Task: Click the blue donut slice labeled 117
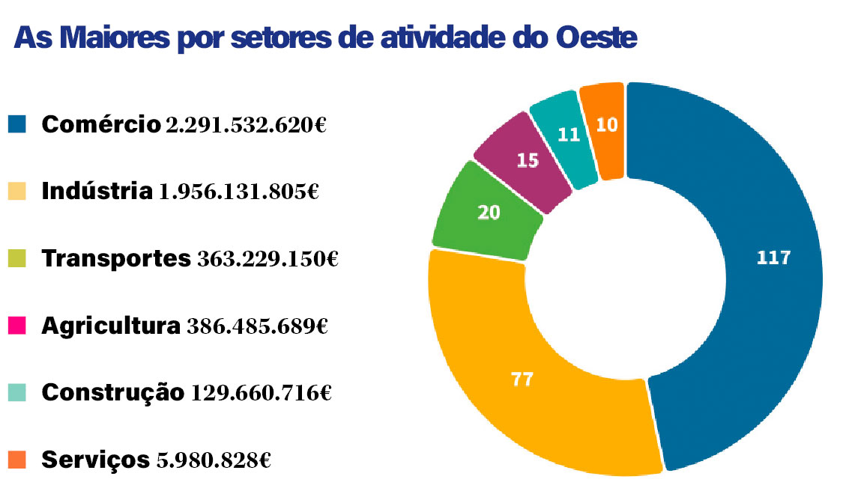[x=772, y=258]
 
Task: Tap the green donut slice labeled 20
[x=489, y=212]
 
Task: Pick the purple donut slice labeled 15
[x=527, y=159]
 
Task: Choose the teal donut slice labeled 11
[x=568, y=135]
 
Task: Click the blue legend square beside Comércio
[x=18, y=124]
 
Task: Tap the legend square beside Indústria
[x=18, y=191]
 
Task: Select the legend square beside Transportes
[x=18, y=258]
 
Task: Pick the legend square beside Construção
[x=18, y=391]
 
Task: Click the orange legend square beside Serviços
[x=18, y=458]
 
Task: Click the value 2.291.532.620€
[x=246, y=125]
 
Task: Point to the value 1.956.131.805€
[x=239, y=192]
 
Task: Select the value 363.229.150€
[x=268, y=260]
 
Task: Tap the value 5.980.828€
[x=213, y=460]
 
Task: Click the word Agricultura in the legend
[x=111, y=326]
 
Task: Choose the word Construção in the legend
[x=112, y=392]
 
